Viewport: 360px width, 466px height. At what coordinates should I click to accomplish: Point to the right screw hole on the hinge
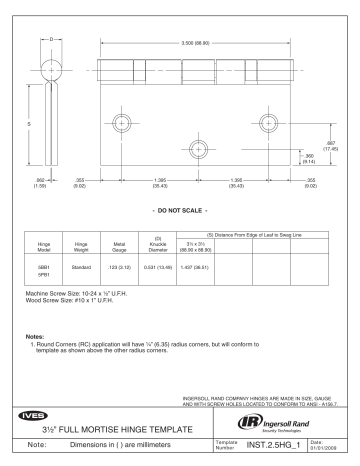pos(268,123)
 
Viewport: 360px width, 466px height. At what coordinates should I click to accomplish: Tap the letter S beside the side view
pos(28,123)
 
